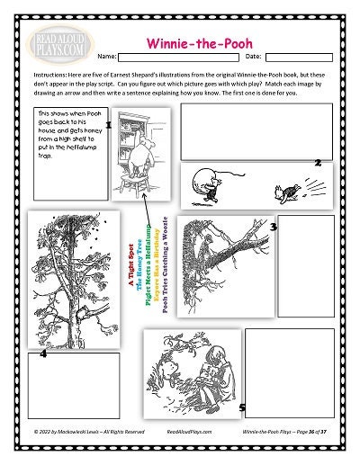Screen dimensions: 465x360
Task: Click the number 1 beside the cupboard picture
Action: point(107,126)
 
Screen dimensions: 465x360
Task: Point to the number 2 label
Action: point(318,162)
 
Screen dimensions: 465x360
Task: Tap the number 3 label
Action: point(273,228)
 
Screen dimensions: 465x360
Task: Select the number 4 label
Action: point(43,353)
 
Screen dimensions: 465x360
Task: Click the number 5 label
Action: point(242,407)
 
